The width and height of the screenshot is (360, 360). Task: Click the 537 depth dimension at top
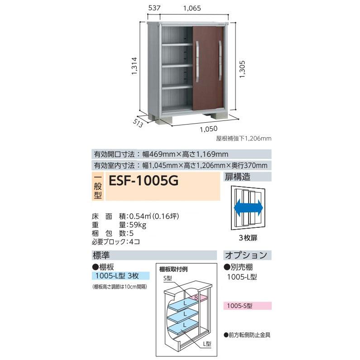click(154, 8)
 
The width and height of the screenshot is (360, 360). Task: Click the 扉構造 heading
click(238, 177)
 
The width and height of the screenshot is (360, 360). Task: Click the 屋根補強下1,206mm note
click(243, 139)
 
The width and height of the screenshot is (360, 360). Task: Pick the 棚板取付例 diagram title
click(174, 269)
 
